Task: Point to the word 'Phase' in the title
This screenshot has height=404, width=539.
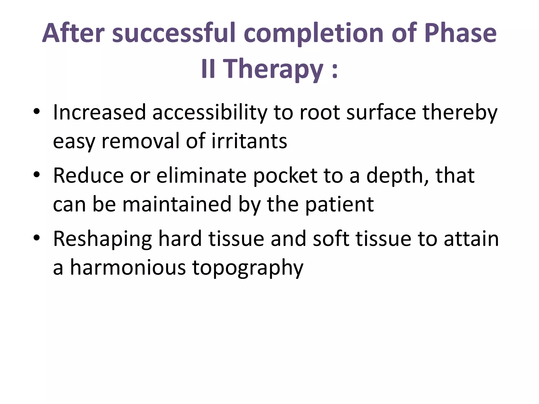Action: [x=460, y=33]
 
